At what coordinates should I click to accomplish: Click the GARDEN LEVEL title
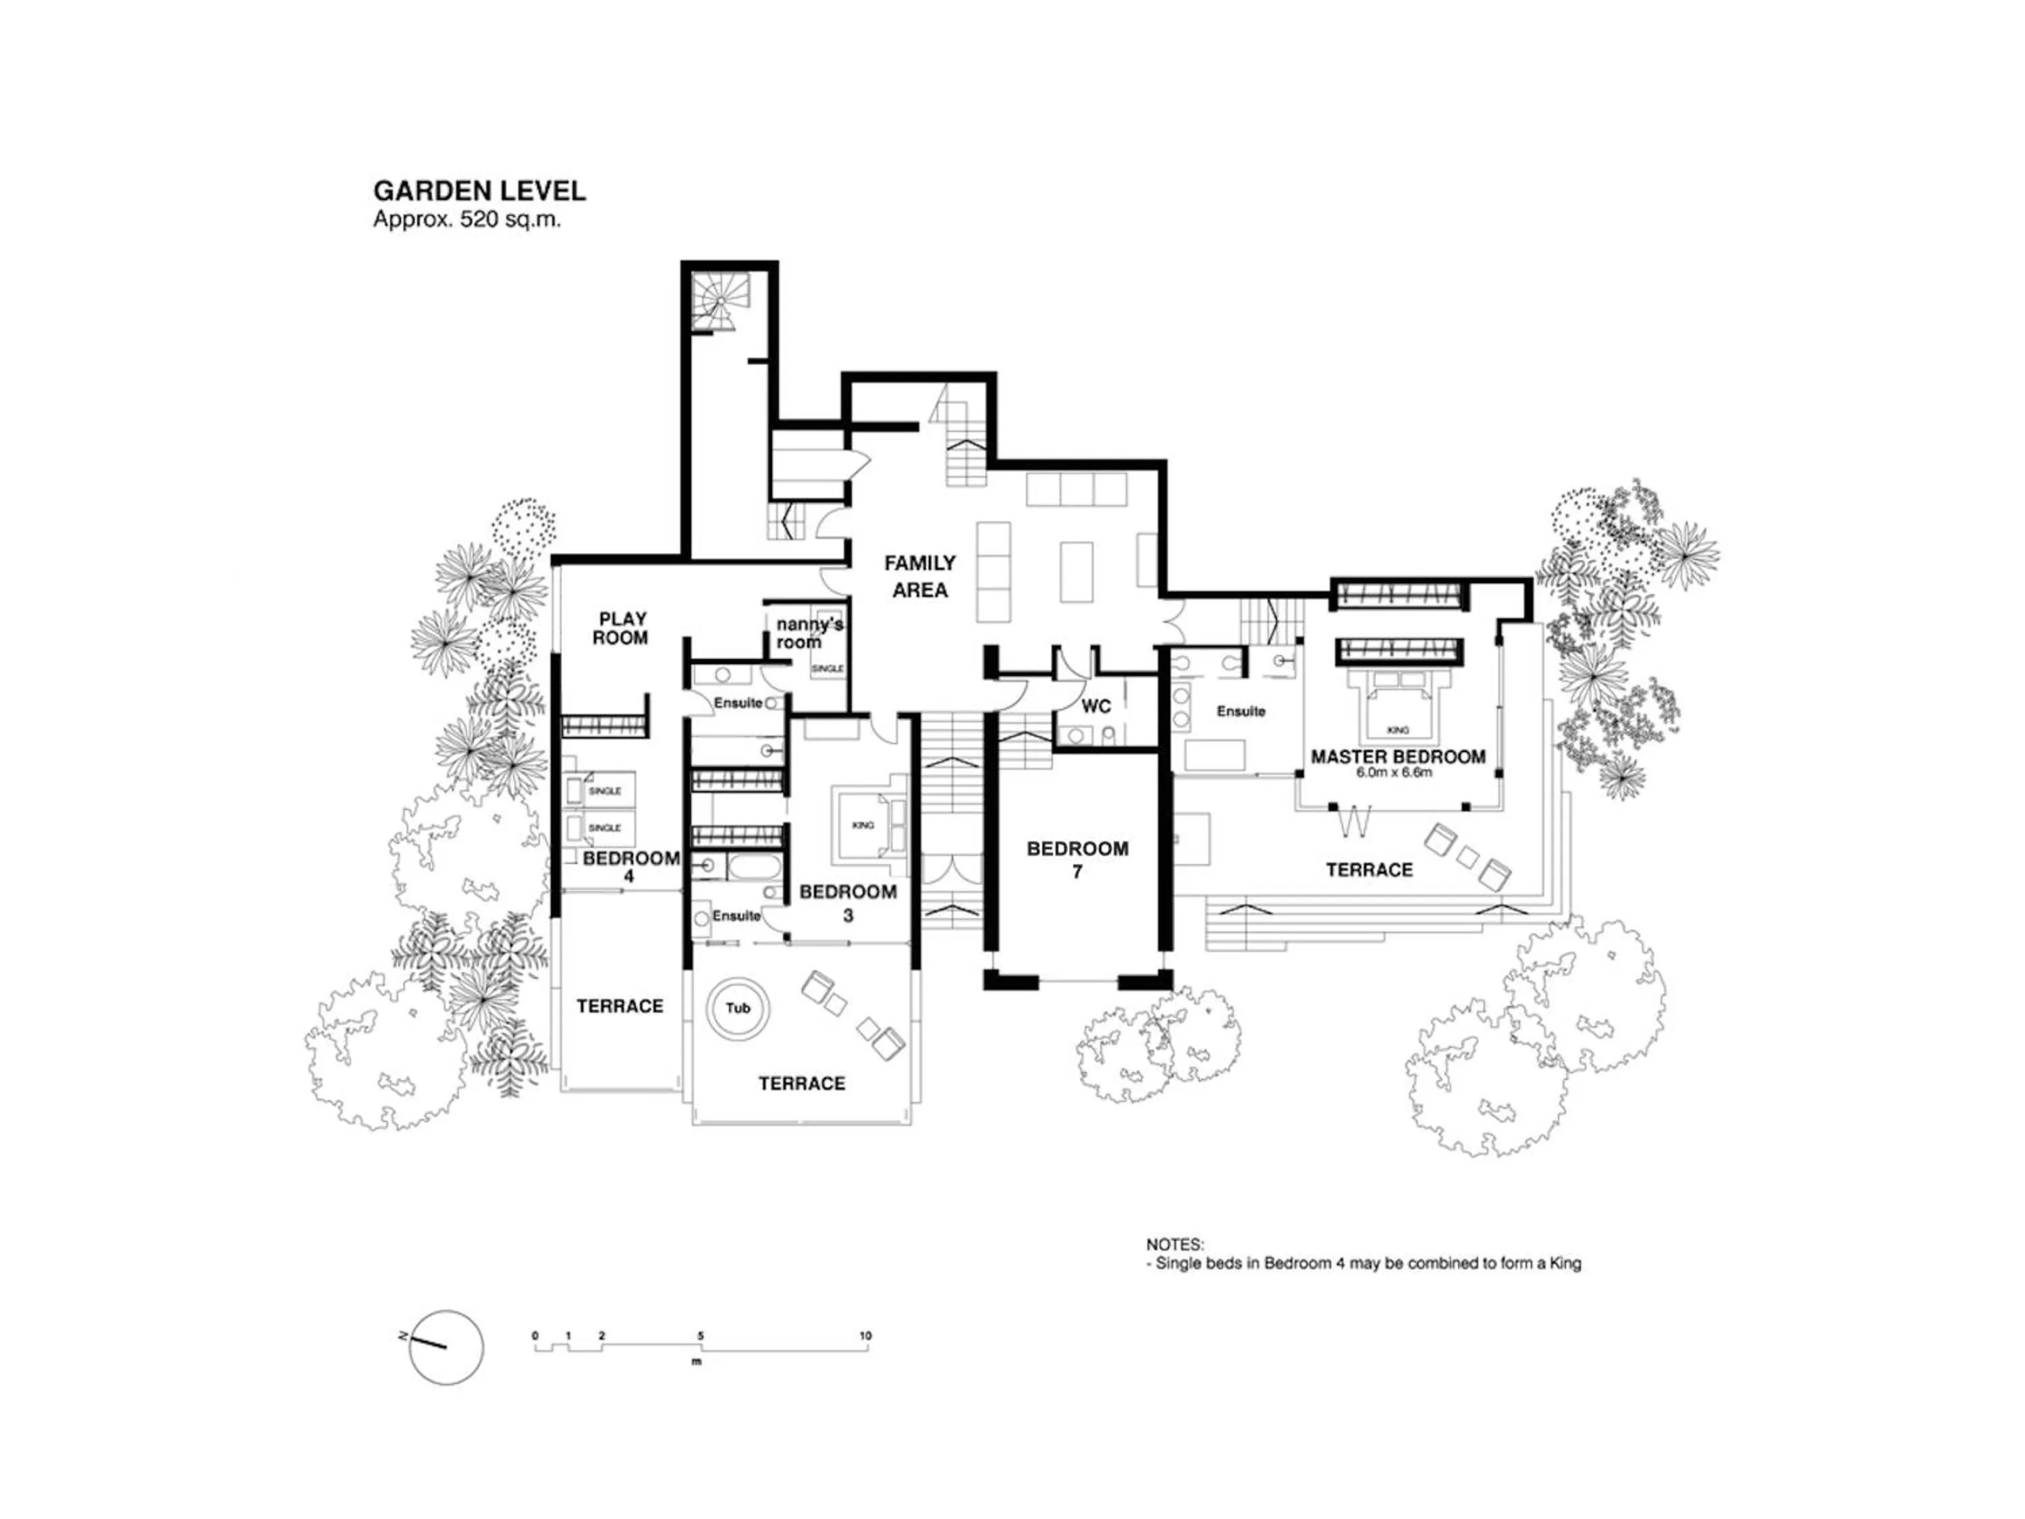(x=479, y=191)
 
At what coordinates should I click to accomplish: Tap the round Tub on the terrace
(x=738, y=1008)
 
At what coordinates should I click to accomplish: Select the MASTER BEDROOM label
(x=1397, y=757)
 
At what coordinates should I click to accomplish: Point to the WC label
(x=1096, y=706)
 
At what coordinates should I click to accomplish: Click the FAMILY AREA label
(x=919, y=576)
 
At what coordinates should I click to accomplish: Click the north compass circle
(x=446, y=1347)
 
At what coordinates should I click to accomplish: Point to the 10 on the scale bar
(x=865, y=1336)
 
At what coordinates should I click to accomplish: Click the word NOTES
(x=1174, y=1245)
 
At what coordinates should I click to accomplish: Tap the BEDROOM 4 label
(x=630, y=866)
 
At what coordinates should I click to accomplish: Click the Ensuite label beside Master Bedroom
(x=1241, y=712)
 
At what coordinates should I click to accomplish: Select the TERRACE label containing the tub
(x=801, y=1083)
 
